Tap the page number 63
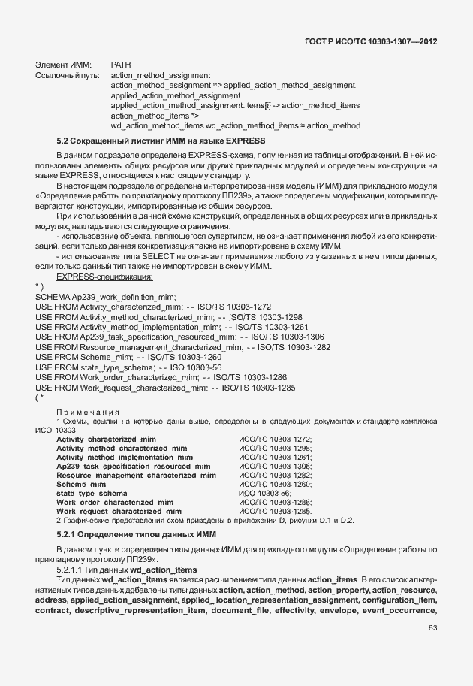coord(432,650)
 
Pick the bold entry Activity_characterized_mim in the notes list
coord(106,439)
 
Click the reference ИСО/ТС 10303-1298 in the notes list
coord(274,448)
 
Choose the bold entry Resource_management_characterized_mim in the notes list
coord(136,476)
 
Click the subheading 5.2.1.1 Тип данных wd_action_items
coord(127,570)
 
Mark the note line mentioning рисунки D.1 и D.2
coord(205,521)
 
